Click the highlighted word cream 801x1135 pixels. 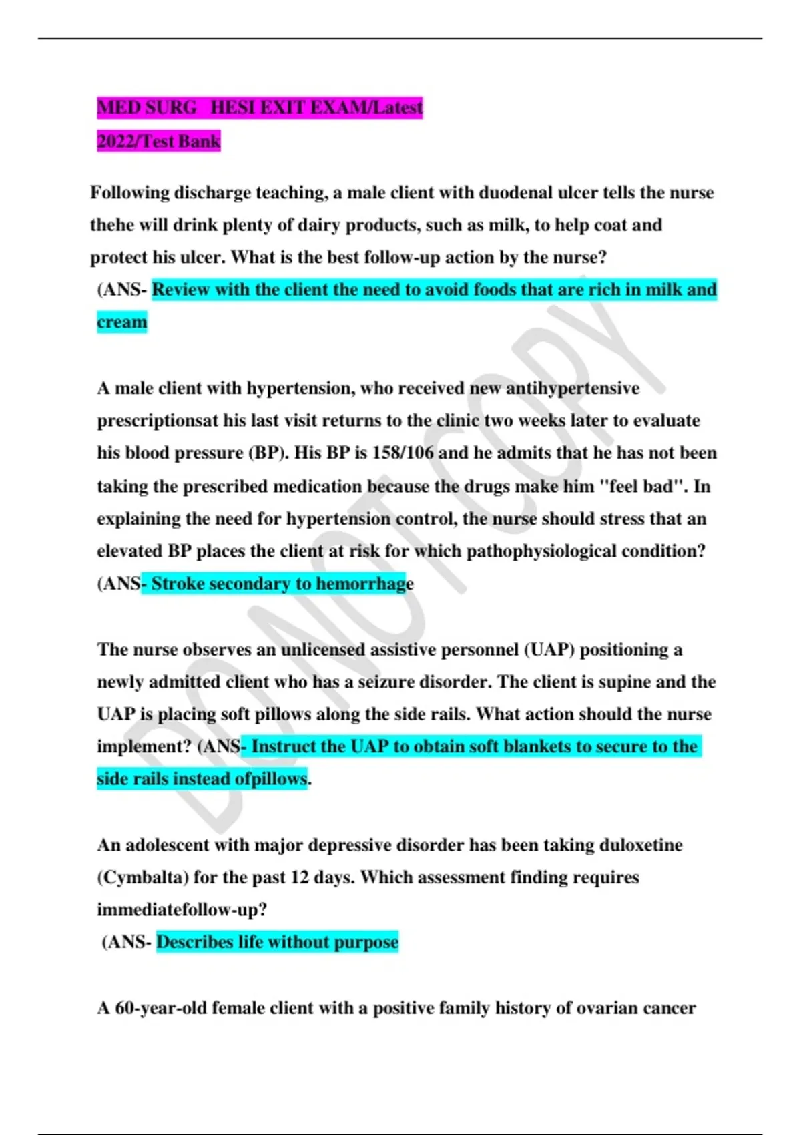pos(121,322)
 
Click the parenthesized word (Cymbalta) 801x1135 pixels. pos(142,877)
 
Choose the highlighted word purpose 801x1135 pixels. pos(366,942)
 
